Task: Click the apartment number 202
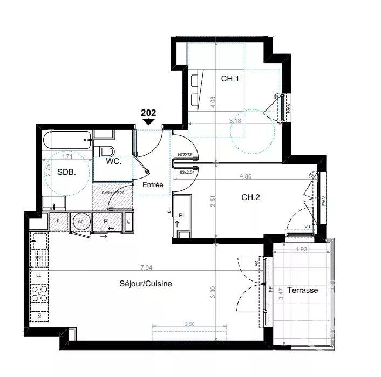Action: click(148, 113)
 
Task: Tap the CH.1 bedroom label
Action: click(229, 79)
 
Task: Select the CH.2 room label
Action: click(251, 197)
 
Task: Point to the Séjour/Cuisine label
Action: click(146, 284)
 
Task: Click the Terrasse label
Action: click(302, 290)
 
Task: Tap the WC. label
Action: click(113, 161)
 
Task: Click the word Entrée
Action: click(153, 184)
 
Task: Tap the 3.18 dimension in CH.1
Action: click(235, 121)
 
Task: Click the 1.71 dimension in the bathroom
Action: click(67, 156)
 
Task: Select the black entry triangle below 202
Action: click(148, 122)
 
